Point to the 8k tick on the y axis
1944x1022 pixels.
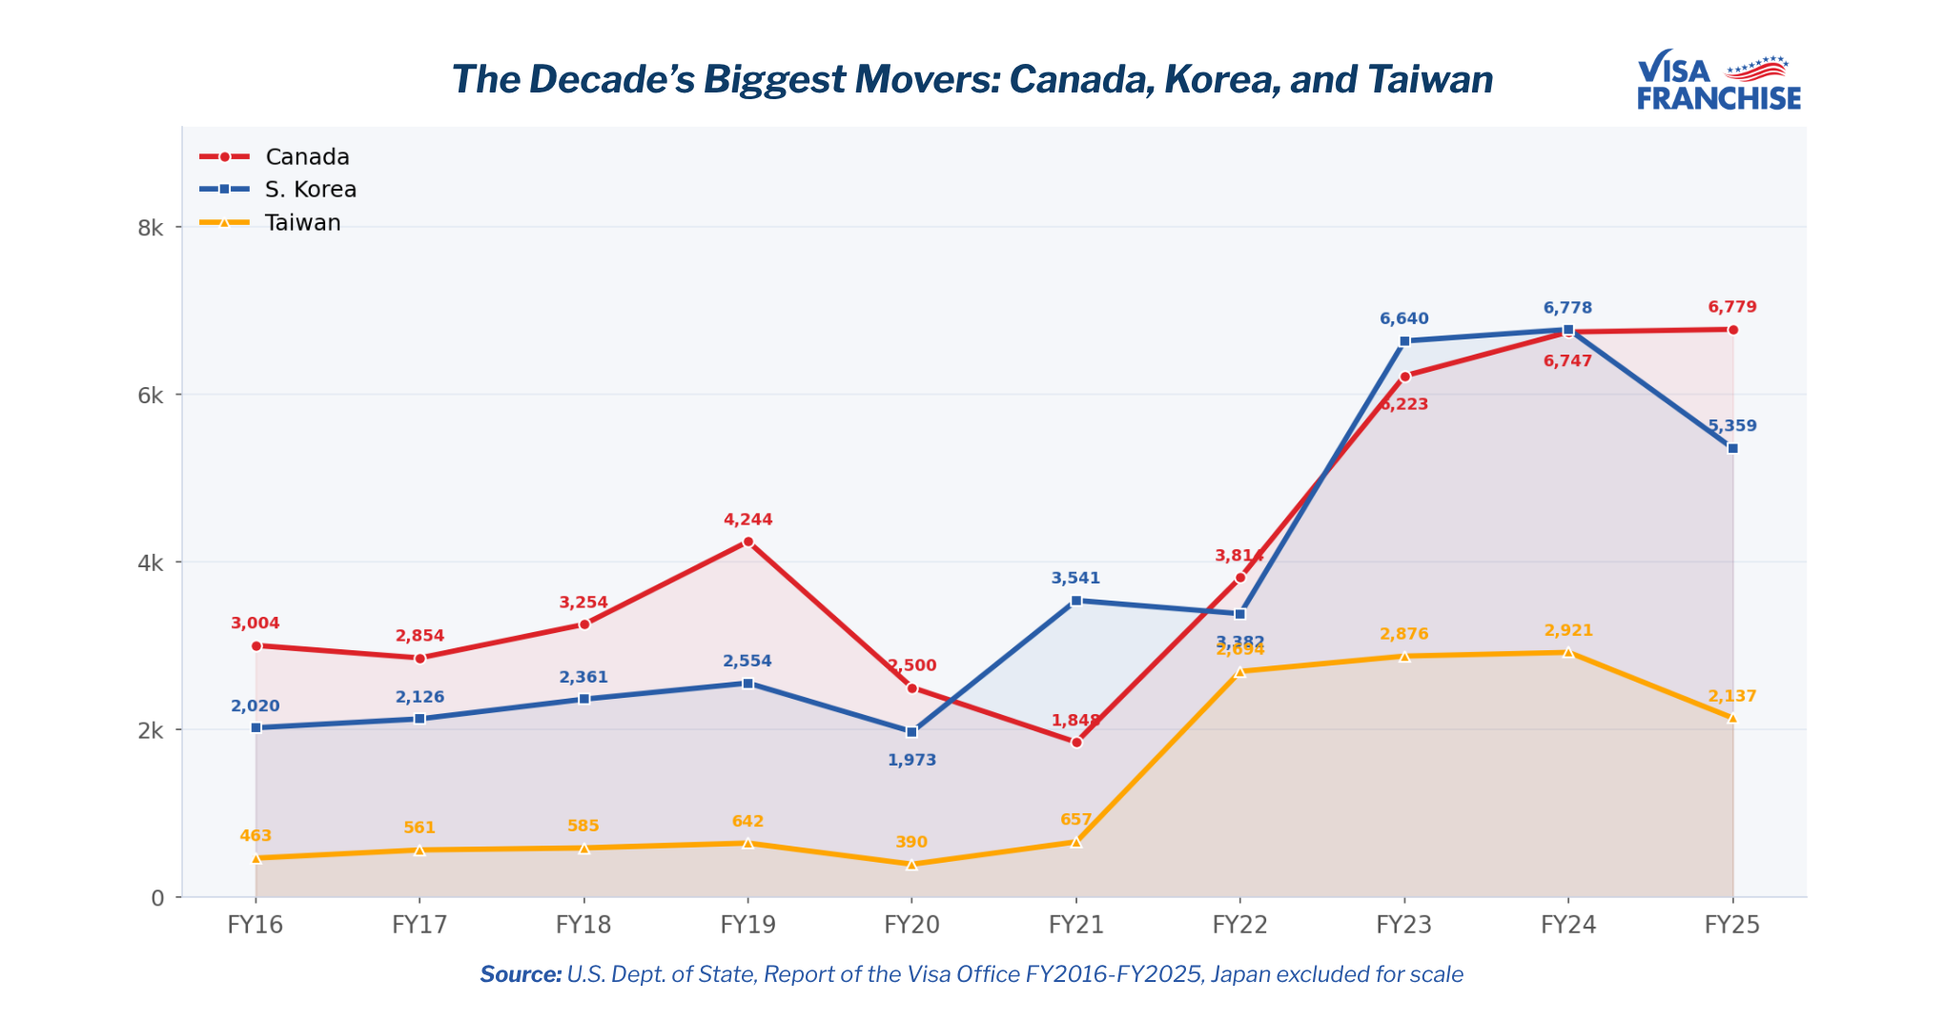click(151, 229)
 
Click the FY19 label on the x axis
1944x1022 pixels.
click(747, 925)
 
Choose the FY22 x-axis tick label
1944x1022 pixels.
click(1239, 925)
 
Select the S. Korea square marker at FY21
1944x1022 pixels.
click(1076, 601)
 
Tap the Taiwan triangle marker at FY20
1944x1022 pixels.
click(911, 865)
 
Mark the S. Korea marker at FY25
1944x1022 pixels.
click(1732, 448)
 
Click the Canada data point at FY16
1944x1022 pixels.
click(256, 645)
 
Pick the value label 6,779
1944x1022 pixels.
click(1731, 307)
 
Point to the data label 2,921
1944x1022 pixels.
click(1568, 630)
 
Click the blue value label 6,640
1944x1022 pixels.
click(1403, 318)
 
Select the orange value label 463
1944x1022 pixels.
click(256, 836)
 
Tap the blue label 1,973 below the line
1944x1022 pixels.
click(911, 760)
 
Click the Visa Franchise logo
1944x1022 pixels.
click(1718, 82)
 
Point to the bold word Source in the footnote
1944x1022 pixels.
click(520, 974)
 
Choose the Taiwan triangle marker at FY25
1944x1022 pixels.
click(1732, 718)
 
